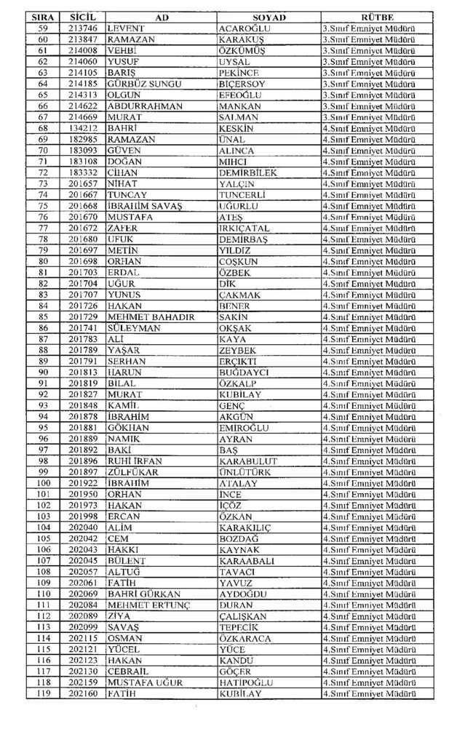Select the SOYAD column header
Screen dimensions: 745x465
pyautogui.click(x=269, y=17)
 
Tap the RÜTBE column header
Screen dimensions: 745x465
pyautogui.click(x=377, y=17)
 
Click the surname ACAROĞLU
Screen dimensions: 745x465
pyautogui.click(x=242, y=28)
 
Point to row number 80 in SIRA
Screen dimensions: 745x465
pyautogui.click(x=43, y=261)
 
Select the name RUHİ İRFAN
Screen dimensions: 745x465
pyautogui.click(x=135, y=461)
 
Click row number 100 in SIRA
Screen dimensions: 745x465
pyautogui.click(x=43, y=483)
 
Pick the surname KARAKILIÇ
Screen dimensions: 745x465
pyautogui.click(x=246, y=527)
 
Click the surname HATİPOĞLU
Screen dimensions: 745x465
pyautogui.click(x=245, y=682)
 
